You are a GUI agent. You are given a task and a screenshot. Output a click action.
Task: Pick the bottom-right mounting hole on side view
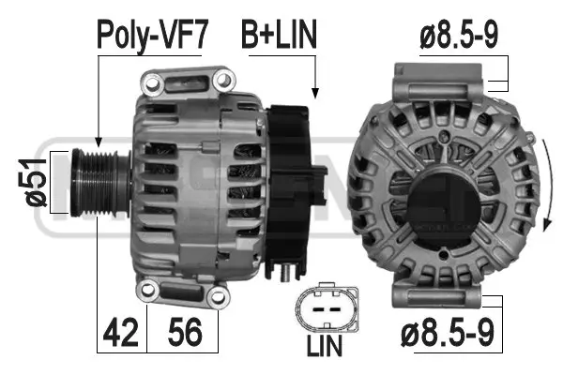[218, 297]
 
